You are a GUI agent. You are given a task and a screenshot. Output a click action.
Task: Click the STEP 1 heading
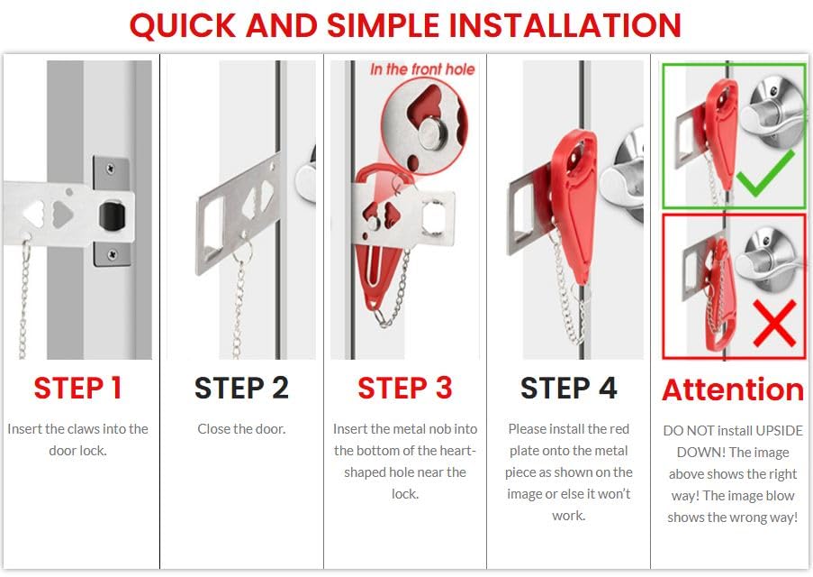77,388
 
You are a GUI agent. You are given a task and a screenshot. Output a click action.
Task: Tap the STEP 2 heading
241,388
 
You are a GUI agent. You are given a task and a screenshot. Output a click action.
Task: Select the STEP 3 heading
404,388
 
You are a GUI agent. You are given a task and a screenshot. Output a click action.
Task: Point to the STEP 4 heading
568,388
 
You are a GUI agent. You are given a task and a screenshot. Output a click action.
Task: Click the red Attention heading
732,389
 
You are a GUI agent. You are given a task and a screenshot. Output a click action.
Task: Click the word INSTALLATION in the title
565,25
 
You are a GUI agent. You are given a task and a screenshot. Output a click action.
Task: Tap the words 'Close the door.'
241,429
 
